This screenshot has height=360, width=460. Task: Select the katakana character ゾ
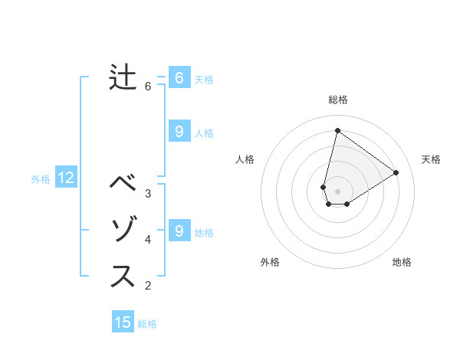[x=123, y=231]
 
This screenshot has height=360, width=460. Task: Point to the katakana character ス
[x=123, y=277]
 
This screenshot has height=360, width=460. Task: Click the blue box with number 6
[x=179, y=78]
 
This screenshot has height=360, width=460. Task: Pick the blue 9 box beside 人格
[x=179, y=132]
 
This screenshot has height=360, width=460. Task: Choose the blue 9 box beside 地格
[x=179, y=231]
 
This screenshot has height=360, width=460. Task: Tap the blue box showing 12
[x=66, y=178]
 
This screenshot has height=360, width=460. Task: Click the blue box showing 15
[x=123, y=322]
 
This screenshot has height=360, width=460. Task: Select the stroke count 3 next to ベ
[x=148, y=194]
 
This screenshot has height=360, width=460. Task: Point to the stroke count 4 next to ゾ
[x=148, y=240]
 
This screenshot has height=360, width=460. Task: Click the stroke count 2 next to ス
[x=148, y=286]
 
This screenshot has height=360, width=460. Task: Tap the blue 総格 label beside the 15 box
[x=147, y=324]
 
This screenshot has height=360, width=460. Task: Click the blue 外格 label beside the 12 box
[x=41, y=180]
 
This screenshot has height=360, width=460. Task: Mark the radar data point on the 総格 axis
[x=337, y=130]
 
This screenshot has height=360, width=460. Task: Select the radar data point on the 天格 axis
[x=396, y=172]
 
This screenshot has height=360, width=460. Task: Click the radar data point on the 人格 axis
[x=324, y=187]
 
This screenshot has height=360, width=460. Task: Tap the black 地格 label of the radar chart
[x=402, y=262]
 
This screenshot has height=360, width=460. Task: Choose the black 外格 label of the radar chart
[x=270, y=262]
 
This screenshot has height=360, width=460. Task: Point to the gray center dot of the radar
[x=337, y=191]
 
